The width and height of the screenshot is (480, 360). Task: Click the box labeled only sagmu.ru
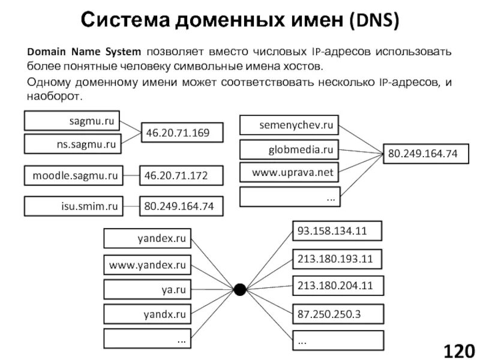72,121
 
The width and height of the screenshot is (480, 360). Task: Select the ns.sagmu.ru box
72,144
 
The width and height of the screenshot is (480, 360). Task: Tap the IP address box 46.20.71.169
181,133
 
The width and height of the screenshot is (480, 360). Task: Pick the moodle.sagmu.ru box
72,176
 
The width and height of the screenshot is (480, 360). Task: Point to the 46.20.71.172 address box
181,176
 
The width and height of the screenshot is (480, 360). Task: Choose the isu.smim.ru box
72,206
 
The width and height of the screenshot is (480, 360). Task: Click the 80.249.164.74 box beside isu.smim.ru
181,206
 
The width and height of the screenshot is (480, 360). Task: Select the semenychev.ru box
289,125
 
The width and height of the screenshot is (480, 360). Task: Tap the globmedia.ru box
289,149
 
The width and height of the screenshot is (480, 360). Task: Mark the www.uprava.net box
289,173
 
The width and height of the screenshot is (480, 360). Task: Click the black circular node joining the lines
239,290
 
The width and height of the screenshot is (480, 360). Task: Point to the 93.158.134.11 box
337,230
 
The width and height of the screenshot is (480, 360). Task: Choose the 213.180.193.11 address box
337,259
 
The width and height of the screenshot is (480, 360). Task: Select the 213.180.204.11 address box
337,286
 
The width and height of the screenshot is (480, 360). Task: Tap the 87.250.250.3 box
337,313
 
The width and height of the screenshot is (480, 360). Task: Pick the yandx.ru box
146,314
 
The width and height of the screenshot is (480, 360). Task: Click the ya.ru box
146,289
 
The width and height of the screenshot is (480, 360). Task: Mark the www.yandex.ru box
146,264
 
